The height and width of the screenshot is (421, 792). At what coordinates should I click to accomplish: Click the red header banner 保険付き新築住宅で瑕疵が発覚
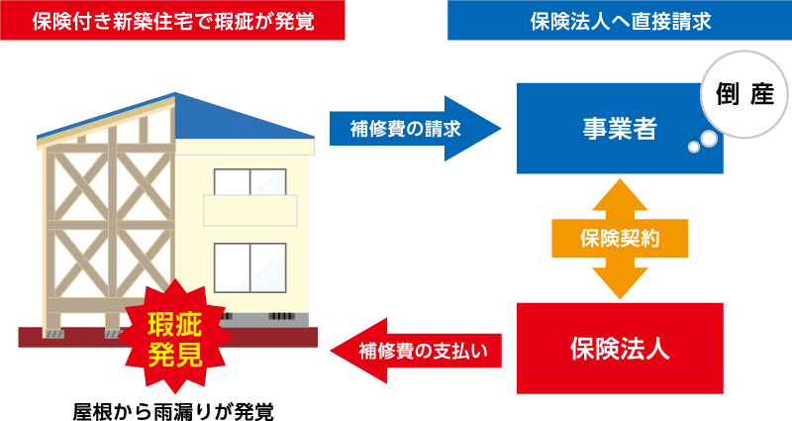click(x=173, y=21)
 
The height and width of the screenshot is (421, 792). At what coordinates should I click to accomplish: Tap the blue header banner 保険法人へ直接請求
click(x=620, y=21)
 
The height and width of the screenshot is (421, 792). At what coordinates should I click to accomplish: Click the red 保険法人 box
click(x=620, y=348)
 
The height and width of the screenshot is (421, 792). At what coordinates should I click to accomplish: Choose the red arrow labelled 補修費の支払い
click(x=416, y=349)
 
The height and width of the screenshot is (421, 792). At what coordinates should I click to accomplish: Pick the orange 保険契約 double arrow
click(x=620, y=239)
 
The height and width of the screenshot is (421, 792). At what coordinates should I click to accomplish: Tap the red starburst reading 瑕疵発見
click(x=175, y=338)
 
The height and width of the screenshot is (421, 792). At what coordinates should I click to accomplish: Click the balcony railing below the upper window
click(x=249, y=211)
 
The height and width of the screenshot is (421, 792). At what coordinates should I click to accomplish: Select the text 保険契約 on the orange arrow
click(x=620, y=239)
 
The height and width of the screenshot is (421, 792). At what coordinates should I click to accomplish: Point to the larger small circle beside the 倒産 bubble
click(x=708, y=142)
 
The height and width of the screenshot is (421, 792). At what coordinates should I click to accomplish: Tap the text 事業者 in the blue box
click(x=620, y=129)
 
